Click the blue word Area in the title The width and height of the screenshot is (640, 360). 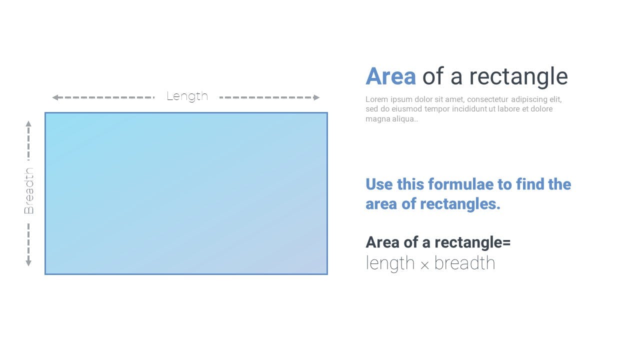(x=390, y=76)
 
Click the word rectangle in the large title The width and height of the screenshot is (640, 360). (x=518, y=77)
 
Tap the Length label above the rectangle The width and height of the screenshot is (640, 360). (x=187, y=96)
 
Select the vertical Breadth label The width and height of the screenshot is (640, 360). (x=29, y=191)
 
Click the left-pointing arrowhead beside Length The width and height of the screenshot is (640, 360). (x=55, y=97)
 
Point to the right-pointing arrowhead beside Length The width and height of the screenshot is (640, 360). (x=316, y=97)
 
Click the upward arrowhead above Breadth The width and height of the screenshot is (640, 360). (x=28, y=123)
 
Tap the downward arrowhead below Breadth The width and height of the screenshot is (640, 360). (x=28, y=263)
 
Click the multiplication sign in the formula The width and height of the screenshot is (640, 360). (x=424, y=265)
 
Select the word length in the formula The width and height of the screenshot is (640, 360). (x=390, y=263)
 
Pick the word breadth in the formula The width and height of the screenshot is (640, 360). (x=464, y=263)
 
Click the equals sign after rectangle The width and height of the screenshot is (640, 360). (x=506, y=243)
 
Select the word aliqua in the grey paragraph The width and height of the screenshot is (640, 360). (x=402, y=119)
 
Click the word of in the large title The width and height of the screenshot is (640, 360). (x=433, y=76)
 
